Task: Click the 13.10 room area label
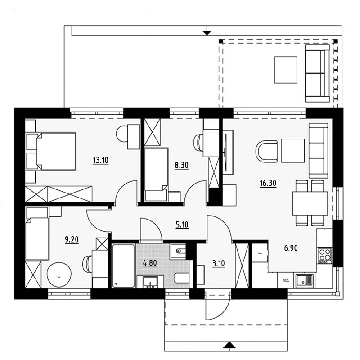[x=100, y=160]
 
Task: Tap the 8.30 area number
[x=181, y=165]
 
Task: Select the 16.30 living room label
[x=268, y=183]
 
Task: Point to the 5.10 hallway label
[x=182, y=224]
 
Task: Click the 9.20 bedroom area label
[x=72, y=239]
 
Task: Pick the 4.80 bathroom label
[x=150, y=262]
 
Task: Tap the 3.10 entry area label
[x=218, y=263]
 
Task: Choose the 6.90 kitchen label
[x=291, y=248]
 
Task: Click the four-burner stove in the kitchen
[x=325, y=256]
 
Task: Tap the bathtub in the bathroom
[x=123, y=265]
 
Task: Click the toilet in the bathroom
[x=181, y=278]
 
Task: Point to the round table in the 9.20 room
[x=59, y=274]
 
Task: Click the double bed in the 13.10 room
[x=51, y=151]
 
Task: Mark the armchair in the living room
[x=266, y=152]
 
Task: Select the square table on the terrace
[x=286, y=70]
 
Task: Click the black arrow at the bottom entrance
[x=229, y=345]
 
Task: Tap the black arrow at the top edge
[x=207, y=33]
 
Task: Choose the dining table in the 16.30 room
[x=310, y=203]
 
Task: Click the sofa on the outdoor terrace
[x=318, y=73]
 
